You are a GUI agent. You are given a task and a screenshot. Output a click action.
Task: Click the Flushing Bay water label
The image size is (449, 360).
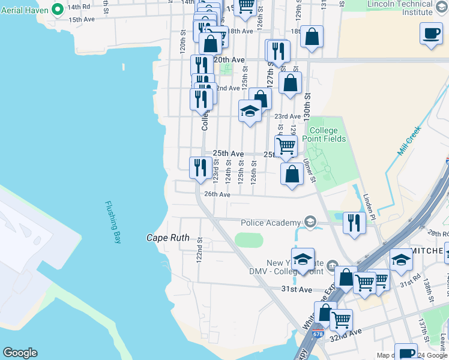click(x=113, y=222)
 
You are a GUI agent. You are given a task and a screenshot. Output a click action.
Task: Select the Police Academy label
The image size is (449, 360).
click(x=270, y=223)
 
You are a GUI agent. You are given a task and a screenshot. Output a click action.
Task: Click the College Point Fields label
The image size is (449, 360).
click(x=327, y=134)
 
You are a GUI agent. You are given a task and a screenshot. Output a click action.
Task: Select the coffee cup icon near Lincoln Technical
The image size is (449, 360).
click(x=430, y=34)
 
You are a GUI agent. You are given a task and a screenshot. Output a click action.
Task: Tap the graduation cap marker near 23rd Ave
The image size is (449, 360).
click(x=250, y=111)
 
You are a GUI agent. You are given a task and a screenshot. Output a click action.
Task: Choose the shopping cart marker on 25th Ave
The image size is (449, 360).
click(x=286, y=146)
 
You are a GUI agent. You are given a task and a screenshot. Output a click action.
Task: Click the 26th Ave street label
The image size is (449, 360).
click(x=217, y=194)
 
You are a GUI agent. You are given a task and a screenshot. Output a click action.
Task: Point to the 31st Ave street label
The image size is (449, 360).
click(x=297, y=290)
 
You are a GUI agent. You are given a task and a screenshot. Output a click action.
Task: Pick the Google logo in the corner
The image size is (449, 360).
click(x=20, y=353)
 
